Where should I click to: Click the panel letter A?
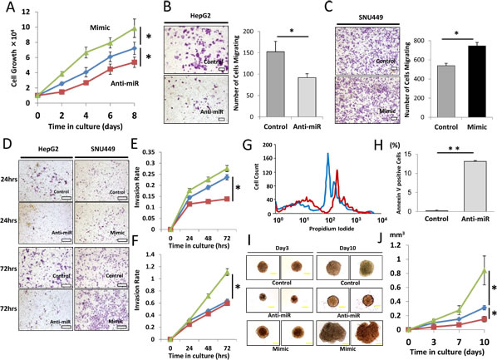(x=7, y=8)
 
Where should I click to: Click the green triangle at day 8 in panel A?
(x=135, y=30)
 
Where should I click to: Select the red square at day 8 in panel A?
(x=135, y=62)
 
